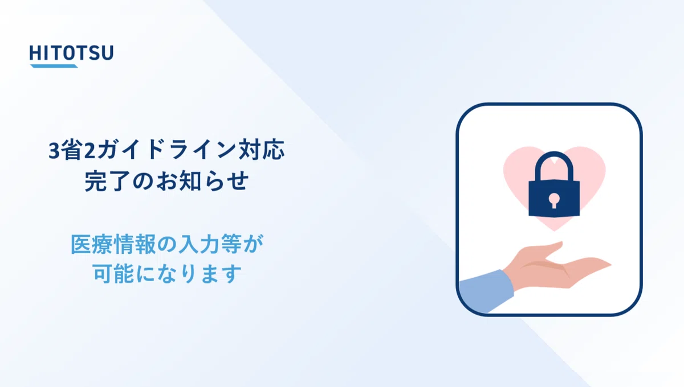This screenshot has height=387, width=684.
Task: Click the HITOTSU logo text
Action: tap(71, 53)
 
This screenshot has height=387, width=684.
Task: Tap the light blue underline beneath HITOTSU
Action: tap(54, 66)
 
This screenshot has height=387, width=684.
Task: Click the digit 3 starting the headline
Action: tap(54, 151)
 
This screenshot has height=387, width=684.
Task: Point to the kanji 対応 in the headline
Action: tap(262, 150)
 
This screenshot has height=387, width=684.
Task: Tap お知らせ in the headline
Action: tap(202, 181)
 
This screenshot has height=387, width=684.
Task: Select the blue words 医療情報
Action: tap(113, 244)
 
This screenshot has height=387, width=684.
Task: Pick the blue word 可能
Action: tap(113, 273)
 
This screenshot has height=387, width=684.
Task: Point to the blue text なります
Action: tap(199, 274)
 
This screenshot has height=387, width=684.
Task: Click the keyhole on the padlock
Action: tap(554, 200)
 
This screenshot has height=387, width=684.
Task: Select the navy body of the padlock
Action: tap(554, 198)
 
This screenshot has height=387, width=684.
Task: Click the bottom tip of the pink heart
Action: tap(554, 231)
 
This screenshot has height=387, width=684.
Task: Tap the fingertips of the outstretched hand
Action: tap(601, 263)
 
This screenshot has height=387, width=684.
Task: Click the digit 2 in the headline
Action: tap(89, 151)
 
